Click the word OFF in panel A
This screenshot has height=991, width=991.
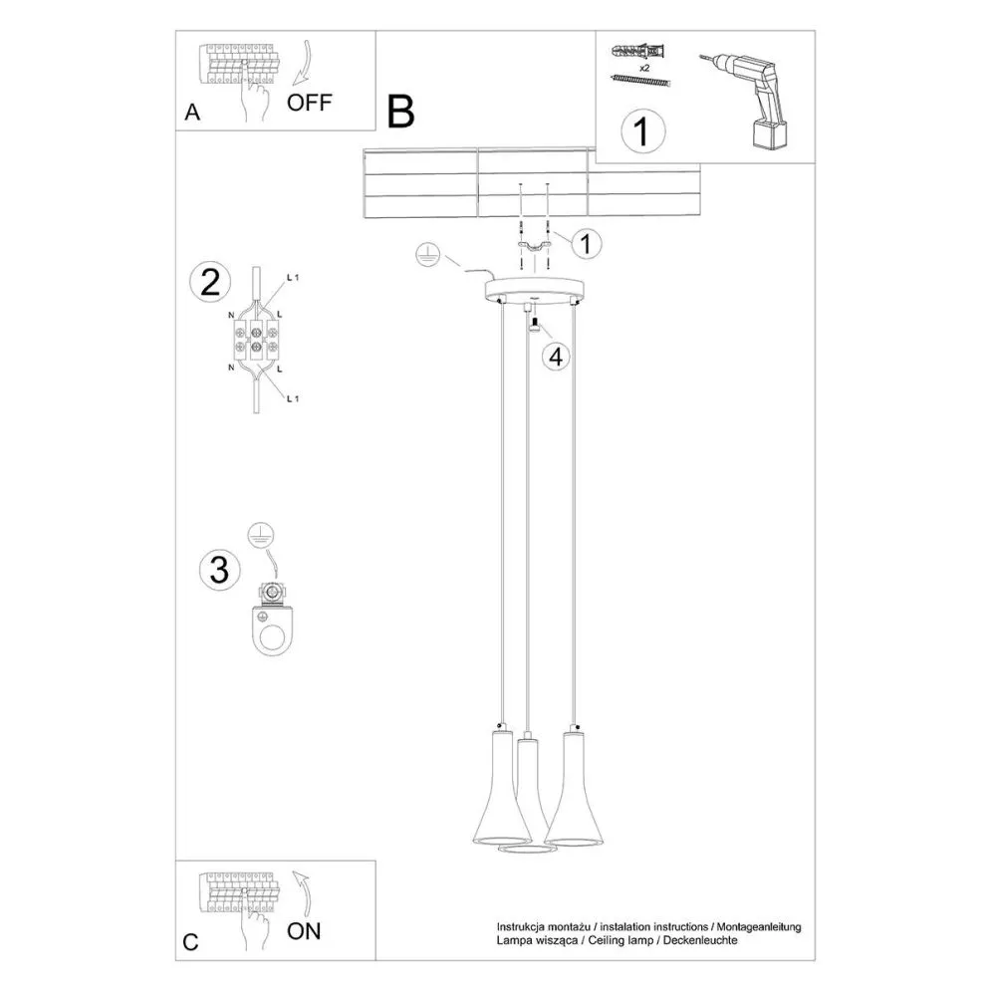point(310,102)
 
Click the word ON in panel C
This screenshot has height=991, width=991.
point(304,932)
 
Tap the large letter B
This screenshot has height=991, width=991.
point(400,113)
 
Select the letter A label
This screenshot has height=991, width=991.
point(193,113)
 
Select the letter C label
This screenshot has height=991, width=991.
point(192,941)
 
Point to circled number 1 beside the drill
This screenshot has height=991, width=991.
point(641,130)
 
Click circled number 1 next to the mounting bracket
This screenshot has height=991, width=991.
point(587,243)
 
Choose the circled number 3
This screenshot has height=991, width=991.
point(220,571)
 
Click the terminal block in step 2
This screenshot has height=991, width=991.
point(257,337)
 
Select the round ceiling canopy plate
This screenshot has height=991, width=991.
point(532,290)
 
